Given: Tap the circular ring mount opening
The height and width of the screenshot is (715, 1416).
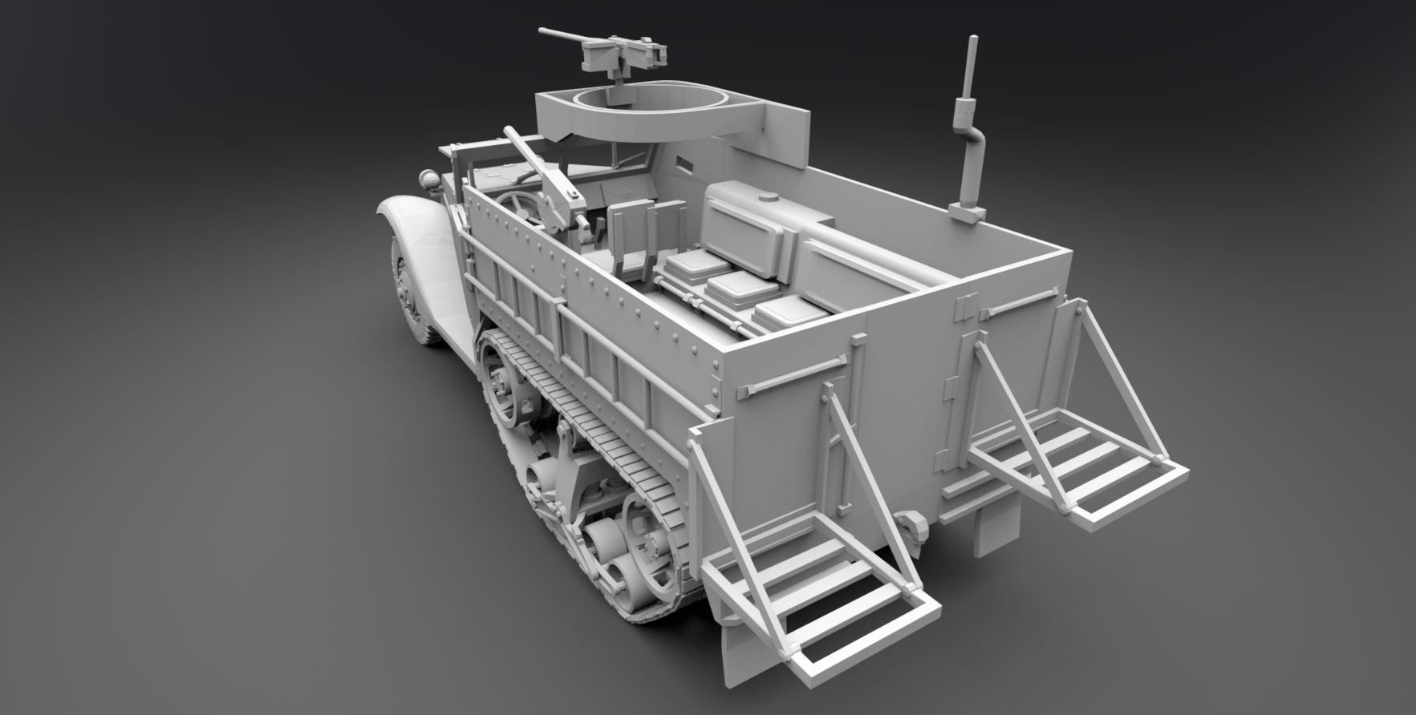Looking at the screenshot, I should coord(634,104).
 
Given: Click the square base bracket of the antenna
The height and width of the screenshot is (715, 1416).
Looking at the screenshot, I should coord(968,213).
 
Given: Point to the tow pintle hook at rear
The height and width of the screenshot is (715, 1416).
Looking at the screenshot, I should coord(911,526).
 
